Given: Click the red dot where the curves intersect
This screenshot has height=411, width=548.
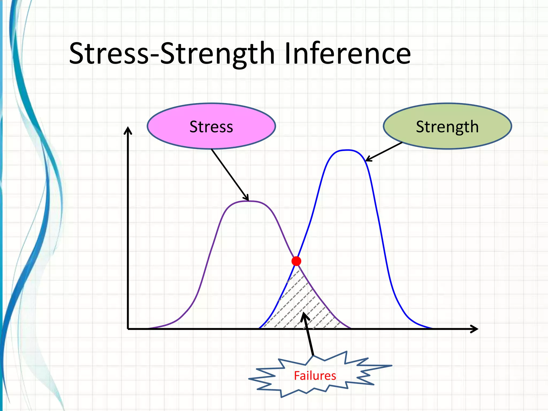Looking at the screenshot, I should click(x=296, y=261).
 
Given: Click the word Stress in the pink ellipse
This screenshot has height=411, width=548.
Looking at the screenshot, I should click(x=211, y=127).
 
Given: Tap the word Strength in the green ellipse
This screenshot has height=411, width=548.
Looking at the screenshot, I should click(x=447, y=127).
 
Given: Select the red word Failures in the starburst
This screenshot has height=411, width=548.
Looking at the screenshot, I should click(x=315, y=376).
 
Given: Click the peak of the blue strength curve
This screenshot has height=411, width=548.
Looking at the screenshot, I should click(x=347, y=150).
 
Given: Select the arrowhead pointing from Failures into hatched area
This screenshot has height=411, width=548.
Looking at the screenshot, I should click(x=304, y=316).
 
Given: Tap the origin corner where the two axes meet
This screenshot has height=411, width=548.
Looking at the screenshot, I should click(x=128, y=329).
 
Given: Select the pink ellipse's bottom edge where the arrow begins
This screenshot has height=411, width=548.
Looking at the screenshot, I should click(x=211, y=149).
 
